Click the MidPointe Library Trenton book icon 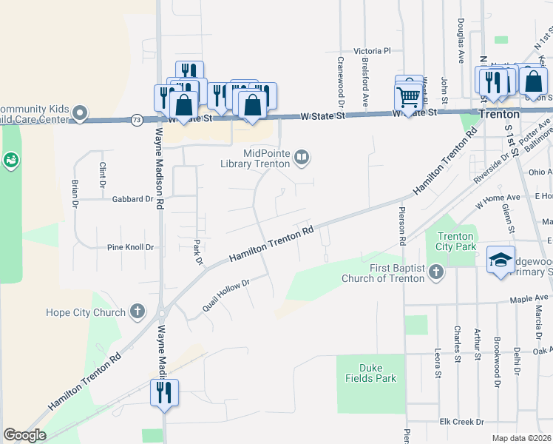tap(302, 156)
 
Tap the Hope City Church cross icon tap(138, 312)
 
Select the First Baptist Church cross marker tap(436, 272)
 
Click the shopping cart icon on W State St tap(408, 95)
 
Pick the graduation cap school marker tap(501, 260)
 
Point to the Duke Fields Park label tap(379, 373)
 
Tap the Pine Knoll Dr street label tap(130, 247)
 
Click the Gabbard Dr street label tap(132, 199)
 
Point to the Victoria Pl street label tap(372, 51)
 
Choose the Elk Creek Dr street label tap(461, 422)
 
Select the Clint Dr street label tap(102, 175)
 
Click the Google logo tap(24, 435)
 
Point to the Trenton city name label tap(499, 115)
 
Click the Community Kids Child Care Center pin tap(80, 114)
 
